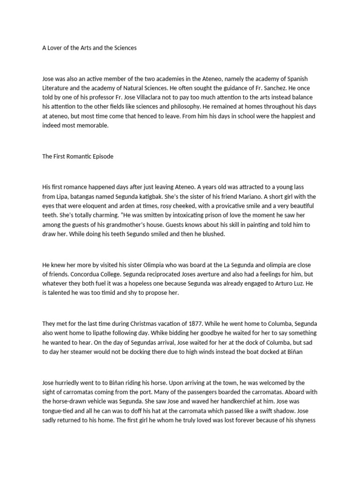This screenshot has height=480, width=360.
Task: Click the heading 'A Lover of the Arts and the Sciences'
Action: coord(89,48)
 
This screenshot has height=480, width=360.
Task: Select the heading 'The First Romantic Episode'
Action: coord(78,157)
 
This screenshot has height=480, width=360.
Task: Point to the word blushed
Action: coord(214,234)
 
